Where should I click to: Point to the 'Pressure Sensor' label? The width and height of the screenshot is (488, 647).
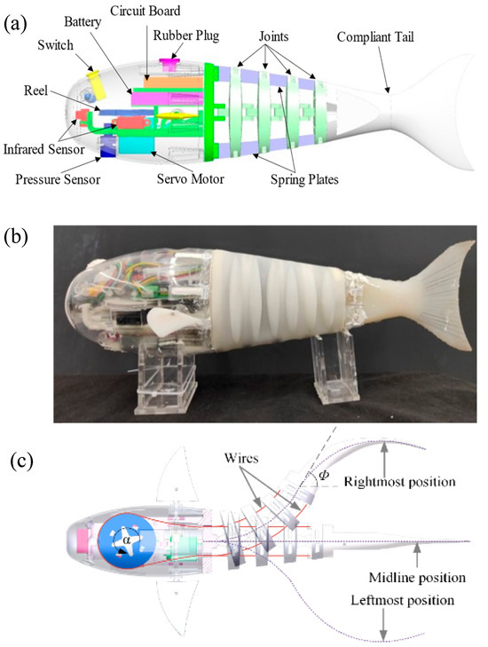pos(56,179)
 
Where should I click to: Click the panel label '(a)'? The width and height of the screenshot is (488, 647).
pos(16,20)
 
